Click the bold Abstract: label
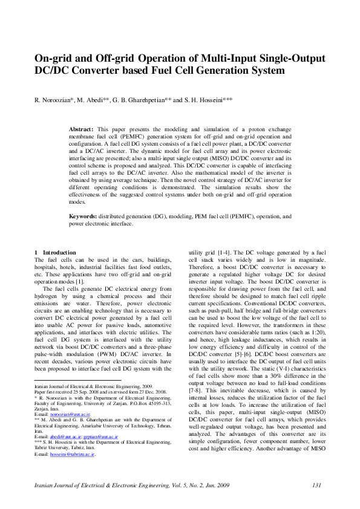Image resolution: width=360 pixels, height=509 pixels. point(81,130)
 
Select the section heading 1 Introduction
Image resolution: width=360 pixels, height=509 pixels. point(56,252)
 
